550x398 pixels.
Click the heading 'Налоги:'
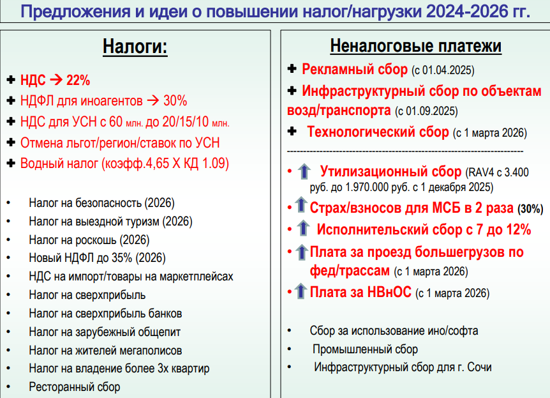coord(135,47)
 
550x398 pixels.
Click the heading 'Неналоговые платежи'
coord(415,45)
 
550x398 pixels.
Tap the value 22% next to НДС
coord(78,80)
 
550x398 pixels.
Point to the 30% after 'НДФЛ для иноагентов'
coord(175,101)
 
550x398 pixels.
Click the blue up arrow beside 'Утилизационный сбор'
coord(304,171)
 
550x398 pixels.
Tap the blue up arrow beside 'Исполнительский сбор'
coord(303,228)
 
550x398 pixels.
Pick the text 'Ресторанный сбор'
coord(75,387)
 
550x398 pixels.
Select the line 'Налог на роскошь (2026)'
coord(89,240)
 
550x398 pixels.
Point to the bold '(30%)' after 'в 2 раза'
coord(530,209)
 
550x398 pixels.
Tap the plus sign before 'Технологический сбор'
coord(292,132)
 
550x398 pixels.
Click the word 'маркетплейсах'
coord(197,277)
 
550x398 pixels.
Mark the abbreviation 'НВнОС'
coord(389,292)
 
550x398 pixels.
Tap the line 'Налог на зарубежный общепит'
coord(105,332)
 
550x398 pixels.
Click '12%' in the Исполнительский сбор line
coord(519,230)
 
